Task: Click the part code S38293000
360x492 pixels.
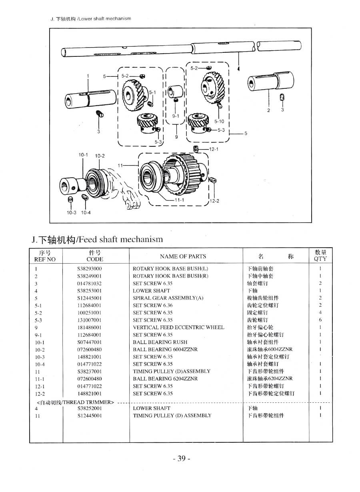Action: tap(90, 269)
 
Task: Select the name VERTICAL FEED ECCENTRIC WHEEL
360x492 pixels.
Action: tap(178, 327)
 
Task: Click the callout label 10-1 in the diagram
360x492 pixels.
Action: tap(83, 154)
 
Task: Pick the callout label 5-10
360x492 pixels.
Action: tap(219, 121)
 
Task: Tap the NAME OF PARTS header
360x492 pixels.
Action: tap(183, 256)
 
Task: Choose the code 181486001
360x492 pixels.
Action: tap(90, 327)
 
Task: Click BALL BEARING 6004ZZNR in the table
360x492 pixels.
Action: tap(165, 349)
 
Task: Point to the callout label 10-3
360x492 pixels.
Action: tap(71, 213)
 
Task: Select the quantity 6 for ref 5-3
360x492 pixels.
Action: tap(320, 320)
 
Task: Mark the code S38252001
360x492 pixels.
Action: tap(90, 408)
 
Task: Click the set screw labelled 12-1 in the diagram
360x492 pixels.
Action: tap(196, 149)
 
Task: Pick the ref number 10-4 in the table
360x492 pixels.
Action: tap(40, 364)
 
